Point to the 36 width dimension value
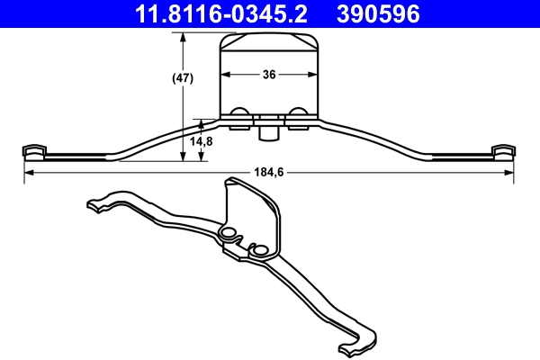(x=269, y=76)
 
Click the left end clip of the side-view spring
(x=33, y=150)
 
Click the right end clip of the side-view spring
(x=504, y=150)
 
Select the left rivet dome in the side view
(x=240, y=112)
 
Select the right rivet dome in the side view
(x=298, y=112)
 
